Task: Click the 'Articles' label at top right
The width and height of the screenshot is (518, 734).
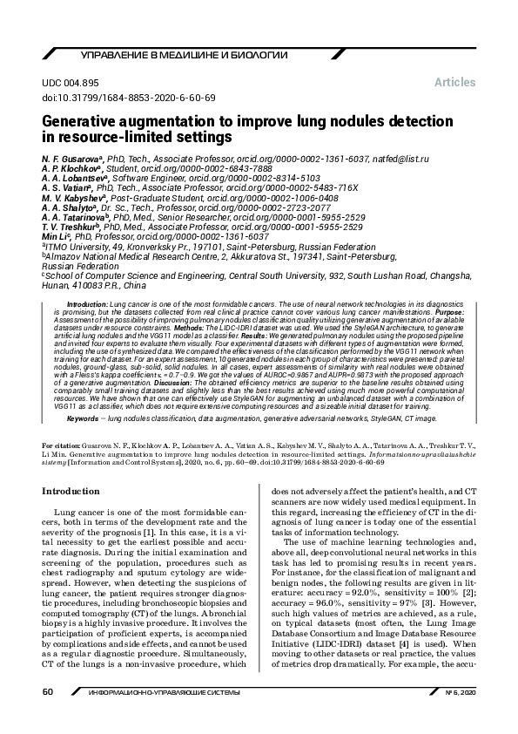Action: coord(454,82)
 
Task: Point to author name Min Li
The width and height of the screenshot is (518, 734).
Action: coord(57,235)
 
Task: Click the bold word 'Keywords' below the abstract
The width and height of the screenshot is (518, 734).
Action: coord(84,418)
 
